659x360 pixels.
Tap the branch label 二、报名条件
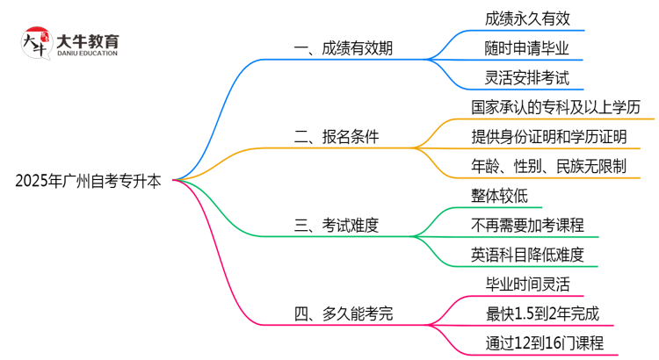pyautogui.click(x=344, y=136)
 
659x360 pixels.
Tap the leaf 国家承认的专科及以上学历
pyautogui.click(x=550, y=107)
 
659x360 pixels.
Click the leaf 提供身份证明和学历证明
pyautogui.click(x=548, y=136)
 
